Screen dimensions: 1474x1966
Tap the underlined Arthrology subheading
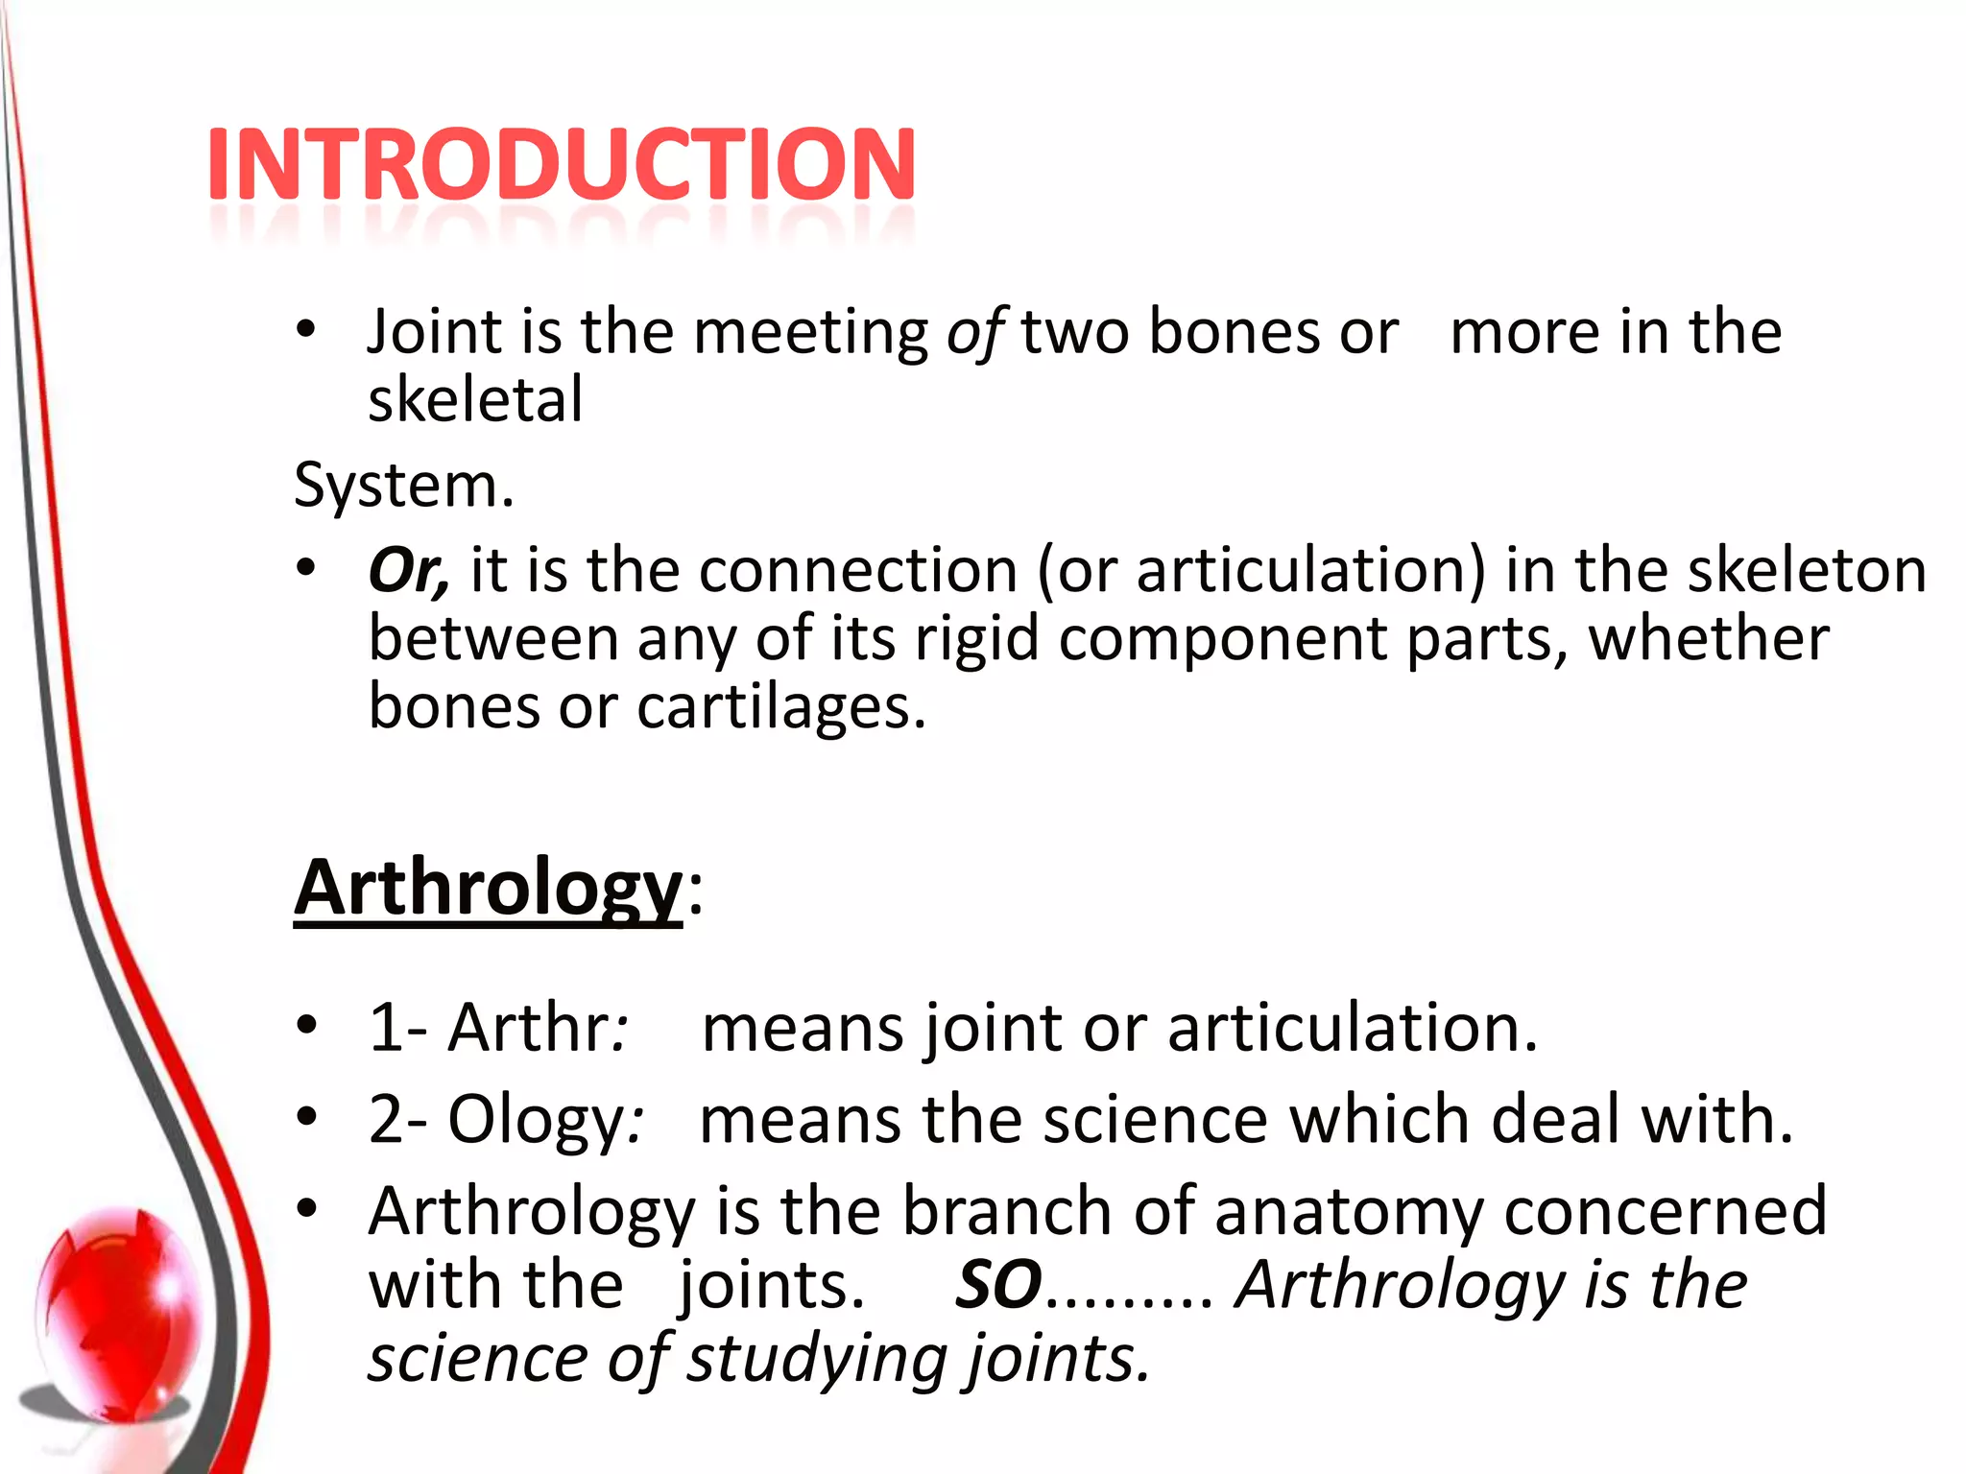pyautogui.click(x=488, y=888)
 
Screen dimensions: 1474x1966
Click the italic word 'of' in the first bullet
pyautogui.click(x=974, y=333)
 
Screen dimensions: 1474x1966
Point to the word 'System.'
pyautogui.click(x=404, y=486)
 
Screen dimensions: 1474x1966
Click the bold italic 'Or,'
pyautogui.click(x=408, y=570)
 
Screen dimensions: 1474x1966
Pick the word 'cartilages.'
pyautogui.click(x=781, y=707)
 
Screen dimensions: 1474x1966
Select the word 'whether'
pyautogui.click(x=1709, y=638)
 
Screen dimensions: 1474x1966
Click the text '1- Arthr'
pyautogui.click(x=490, y=1028)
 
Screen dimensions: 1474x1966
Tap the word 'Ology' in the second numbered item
pyautogui.click(x=536, y=1120)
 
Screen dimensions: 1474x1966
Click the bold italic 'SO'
pyautogui.click(x=998, y=1285)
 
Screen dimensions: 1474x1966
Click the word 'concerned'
pyautogui.click(x=1666, y=1211)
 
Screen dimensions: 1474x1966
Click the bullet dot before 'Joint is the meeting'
pyautogui.click(x=306, y=330)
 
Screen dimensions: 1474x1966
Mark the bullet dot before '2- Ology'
pyautogui.click(x=306, y=1117)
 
